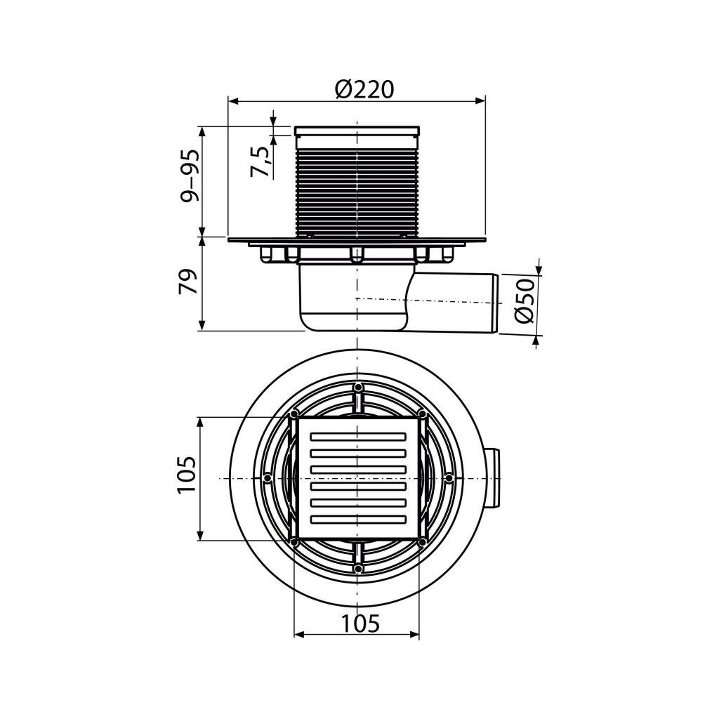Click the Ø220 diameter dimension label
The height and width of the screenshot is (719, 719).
point(364,89)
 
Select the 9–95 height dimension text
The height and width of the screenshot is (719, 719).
point(190,175)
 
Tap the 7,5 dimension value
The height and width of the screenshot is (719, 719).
point(260,161)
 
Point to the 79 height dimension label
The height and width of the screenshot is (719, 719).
point(188,281)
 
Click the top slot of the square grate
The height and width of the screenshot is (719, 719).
point(358,436)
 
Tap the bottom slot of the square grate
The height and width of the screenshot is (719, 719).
point(358,519)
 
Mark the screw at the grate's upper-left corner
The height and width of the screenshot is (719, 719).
point(293,414)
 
